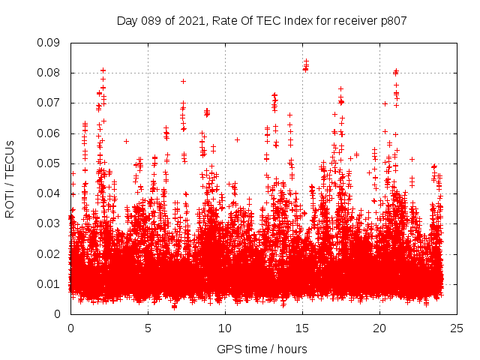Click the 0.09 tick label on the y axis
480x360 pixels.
pyautogui.click(x=49, y=43)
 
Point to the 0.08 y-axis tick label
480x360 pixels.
pyautogui.click(x=49, y=73)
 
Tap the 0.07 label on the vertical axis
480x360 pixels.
pyautogui.click(x=49, y=103)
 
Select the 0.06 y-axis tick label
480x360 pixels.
pyautogui.click(x=49, y=133)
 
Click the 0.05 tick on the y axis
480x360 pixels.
pyautogui.click(x=49, y=163)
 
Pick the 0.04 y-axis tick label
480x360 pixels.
pyautogui.click(x=49, y=193)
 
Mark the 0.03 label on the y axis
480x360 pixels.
pyautogui.click(x=49, y=223)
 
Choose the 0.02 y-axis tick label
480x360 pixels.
pyautogui.click(x=49, y=253)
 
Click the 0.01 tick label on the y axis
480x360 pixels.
pyautogui.click(x=49, y=283)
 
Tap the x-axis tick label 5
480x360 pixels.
pyautogui.click(x=148, y=328)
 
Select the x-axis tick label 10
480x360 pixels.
pyautogui.click(x=225, y=328)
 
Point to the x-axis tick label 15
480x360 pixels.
pyautogui.click(x=302, y=328)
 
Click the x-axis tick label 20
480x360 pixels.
pyautogui.click(x=379, y=328)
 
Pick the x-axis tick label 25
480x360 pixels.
pyautogui.click(x=457, y=328)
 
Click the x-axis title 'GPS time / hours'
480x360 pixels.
pyautogui.click(x=262, y=349)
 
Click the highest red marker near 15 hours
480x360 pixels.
pyautogui.click(x=306, y=61)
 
